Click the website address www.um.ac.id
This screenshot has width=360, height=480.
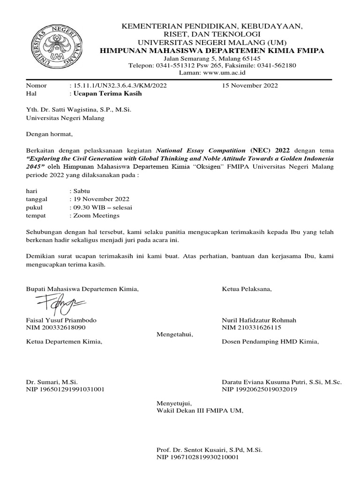(x=227, y=73)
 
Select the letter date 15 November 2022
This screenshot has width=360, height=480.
(x=250, y=85)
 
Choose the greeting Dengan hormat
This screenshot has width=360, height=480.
(x=50, y=135)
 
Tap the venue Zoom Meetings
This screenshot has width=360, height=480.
(x=96, y=216)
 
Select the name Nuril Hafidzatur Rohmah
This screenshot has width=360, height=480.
(x=259, y=320)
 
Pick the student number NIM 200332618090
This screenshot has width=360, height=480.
(x=56, y=328)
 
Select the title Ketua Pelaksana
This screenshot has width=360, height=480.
(x=247, y=289)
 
